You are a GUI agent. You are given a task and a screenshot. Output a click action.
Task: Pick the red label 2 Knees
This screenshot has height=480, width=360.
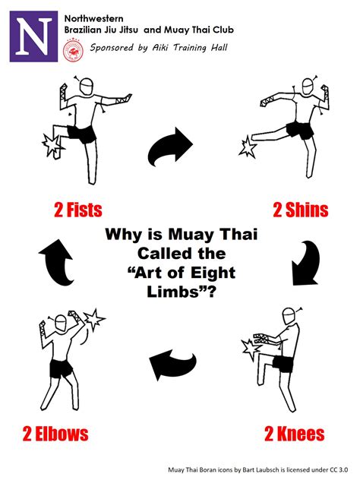(x=295, y=434)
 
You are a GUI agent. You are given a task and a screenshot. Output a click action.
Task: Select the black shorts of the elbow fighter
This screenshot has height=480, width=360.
(x=62, y=368)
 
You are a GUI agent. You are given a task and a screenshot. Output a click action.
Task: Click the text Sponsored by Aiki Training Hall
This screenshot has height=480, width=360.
(x=158, y=47)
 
